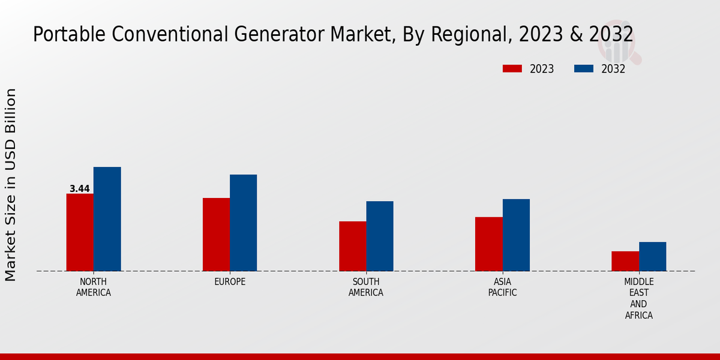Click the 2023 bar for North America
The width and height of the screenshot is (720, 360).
[x=80, y=232]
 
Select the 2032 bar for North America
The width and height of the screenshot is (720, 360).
[x=107, y=219]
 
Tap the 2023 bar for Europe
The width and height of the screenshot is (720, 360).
[x=216, y=235]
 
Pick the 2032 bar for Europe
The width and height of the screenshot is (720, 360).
[x=243, y=223]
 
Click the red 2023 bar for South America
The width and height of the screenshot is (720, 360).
[x=352, y=246]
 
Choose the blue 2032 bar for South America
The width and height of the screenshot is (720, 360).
[x=380, y=236]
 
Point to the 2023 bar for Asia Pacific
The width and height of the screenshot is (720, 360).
[x=488, y=244]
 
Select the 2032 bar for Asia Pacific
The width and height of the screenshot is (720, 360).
[x=516, y=235]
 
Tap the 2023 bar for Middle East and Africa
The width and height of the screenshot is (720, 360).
[x=625, y=261]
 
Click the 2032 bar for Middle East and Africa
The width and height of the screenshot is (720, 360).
[x=652, y=256]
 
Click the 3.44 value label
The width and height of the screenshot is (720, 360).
[x=80, y=188]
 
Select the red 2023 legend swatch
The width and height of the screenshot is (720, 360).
[x=512, y=69]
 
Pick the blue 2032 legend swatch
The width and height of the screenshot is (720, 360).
[x=584, y=69]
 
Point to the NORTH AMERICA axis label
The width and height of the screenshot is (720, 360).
[x=94, y=287]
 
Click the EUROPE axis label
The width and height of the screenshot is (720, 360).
[x=230, y=281]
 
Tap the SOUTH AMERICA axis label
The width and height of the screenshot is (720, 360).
[x=366, y=287]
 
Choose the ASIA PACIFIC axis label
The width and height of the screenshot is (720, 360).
[x=502, y=287]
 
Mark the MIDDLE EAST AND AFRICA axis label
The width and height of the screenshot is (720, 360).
[x=638, y=298]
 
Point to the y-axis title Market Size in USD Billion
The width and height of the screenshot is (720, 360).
[x=11, y=185]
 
